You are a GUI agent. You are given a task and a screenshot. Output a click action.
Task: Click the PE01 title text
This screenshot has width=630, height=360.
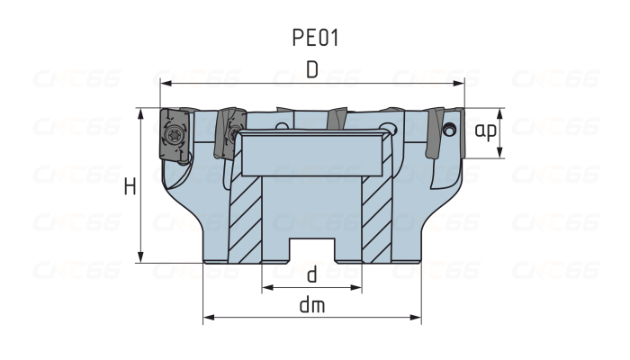[315, 38]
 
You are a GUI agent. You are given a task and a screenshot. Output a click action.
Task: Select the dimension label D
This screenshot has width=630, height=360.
[311, 70]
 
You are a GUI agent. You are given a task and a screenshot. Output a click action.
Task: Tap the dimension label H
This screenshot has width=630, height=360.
[130, 186]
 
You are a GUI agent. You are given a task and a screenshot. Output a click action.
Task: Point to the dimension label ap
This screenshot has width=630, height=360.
[486, 131]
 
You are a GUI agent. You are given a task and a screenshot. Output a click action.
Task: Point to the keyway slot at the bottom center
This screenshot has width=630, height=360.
[311, 250]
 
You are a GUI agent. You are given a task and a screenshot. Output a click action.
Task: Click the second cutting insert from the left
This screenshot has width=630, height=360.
[229, 135]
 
